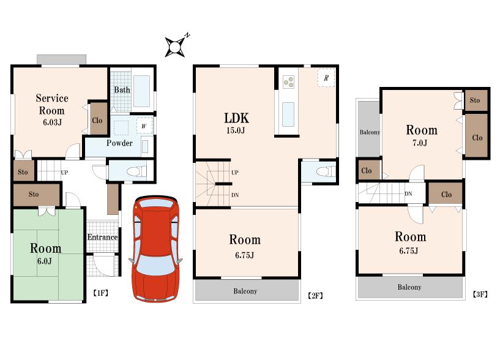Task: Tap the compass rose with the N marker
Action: point(176,45)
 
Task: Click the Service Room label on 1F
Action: point(51,104)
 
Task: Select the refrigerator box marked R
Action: point(326,78)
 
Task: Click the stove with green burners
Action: point(288,81)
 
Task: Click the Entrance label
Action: point(102,238)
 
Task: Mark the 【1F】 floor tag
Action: point(100,293)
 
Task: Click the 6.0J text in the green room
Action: point(45,261)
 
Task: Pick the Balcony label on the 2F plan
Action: point(245,291)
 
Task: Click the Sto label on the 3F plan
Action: point(475,100)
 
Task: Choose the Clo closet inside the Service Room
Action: point(97,120)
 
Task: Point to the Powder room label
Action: point(119,143)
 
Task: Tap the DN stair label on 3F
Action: point(408,194)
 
